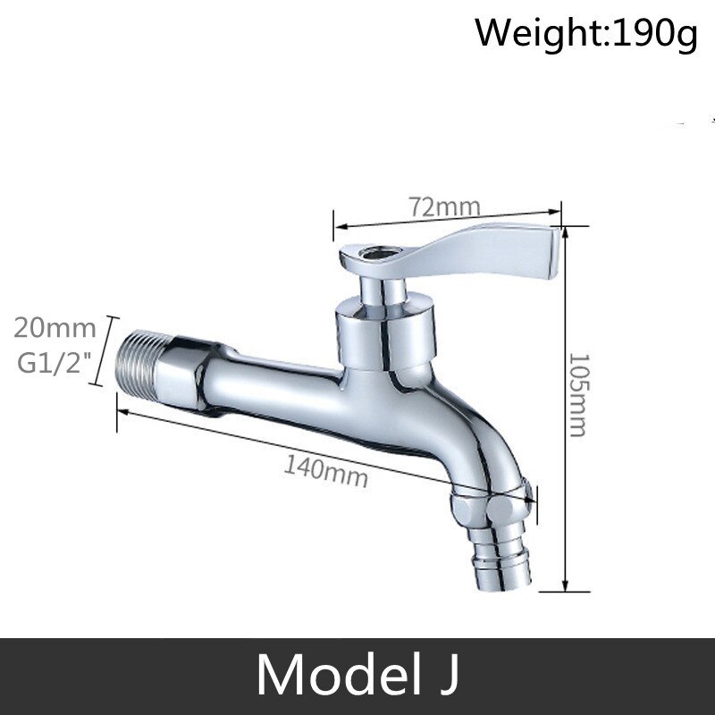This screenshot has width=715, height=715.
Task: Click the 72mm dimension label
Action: (445, 207)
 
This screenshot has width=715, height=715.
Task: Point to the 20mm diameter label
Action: (55, 328)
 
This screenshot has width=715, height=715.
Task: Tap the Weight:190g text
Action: (585, 35)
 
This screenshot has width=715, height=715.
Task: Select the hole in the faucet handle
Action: (368, 257)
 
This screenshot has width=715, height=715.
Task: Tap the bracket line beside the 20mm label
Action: (109, 348)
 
